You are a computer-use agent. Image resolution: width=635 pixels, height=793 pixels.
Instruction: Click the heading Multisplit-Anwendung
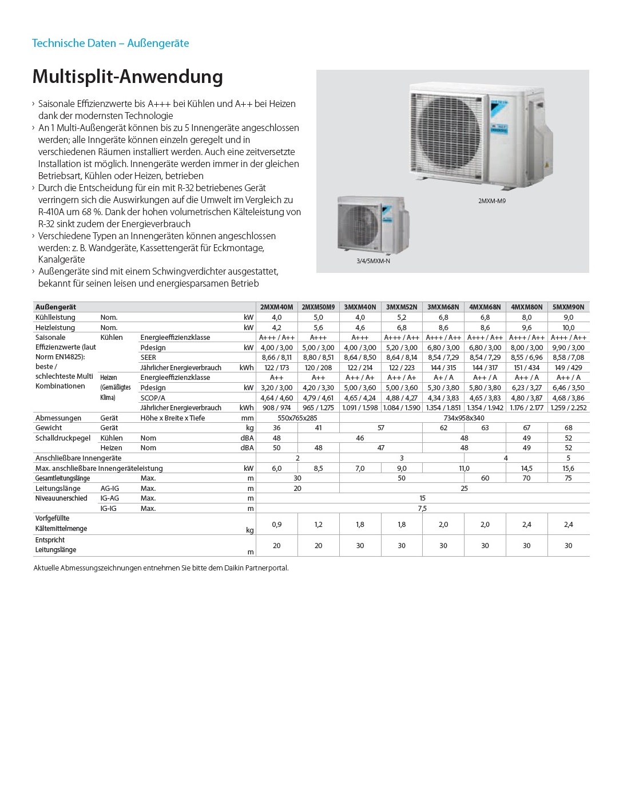[128, 77]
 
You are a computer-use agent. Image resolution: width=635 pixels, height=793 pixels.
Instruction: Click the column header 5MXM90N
[568, 307]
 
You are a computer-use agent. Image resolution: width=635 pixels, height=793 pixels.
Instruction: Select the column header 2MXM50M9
[318, 307]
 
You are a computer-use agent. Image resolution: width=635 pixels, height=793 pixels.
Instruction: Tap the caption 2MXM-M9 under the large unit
[491, 201]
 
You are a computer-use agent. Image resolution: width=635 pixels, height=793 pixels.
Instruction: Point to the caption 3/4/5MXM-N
[373, 261]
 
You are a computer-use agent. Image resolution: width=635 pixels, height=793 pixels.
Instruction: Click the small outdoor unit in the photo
[371, 224]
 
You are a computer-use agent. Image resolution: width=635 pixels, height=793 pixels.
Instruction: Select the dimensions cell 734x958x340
[464, 418]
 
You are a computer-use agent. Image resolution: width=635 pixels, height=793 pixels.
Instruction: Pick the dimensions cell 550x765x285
[297, 418]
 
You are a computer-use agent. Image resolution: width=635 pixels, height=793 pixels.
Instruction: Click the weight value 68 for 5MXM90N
[568, 428]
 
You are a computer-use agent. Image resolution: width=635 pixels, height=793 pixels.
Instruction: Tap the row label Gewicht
[49, 428]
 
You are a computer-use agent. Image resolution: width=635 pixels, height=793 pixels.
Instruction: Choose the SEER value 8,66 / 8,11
[276, 358]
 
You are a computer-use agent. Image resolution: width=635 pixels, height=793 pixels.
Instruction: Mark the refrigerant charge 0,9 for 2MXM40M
[276, 524]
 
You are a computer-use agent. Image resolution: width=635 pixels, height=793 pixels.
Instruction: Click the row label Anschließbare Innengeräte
[78, 458]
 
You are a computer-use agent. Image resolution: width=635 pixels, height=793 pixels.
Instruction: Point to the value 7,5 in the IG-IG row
[422, 509]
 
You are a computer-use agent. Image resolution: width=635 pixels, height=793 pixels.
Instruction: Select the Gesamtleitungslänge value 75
[568, 478]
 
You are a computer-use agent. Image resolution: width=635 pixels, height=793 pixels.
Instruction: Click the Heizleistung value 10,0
[568, 328]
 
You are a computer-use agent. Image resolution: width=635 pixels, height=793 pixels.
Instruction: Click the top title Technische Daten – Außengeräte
[110, 43]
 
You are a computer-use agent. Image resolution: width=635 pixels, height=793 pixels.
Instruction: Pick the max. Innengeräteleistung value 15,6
[568, 469]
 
